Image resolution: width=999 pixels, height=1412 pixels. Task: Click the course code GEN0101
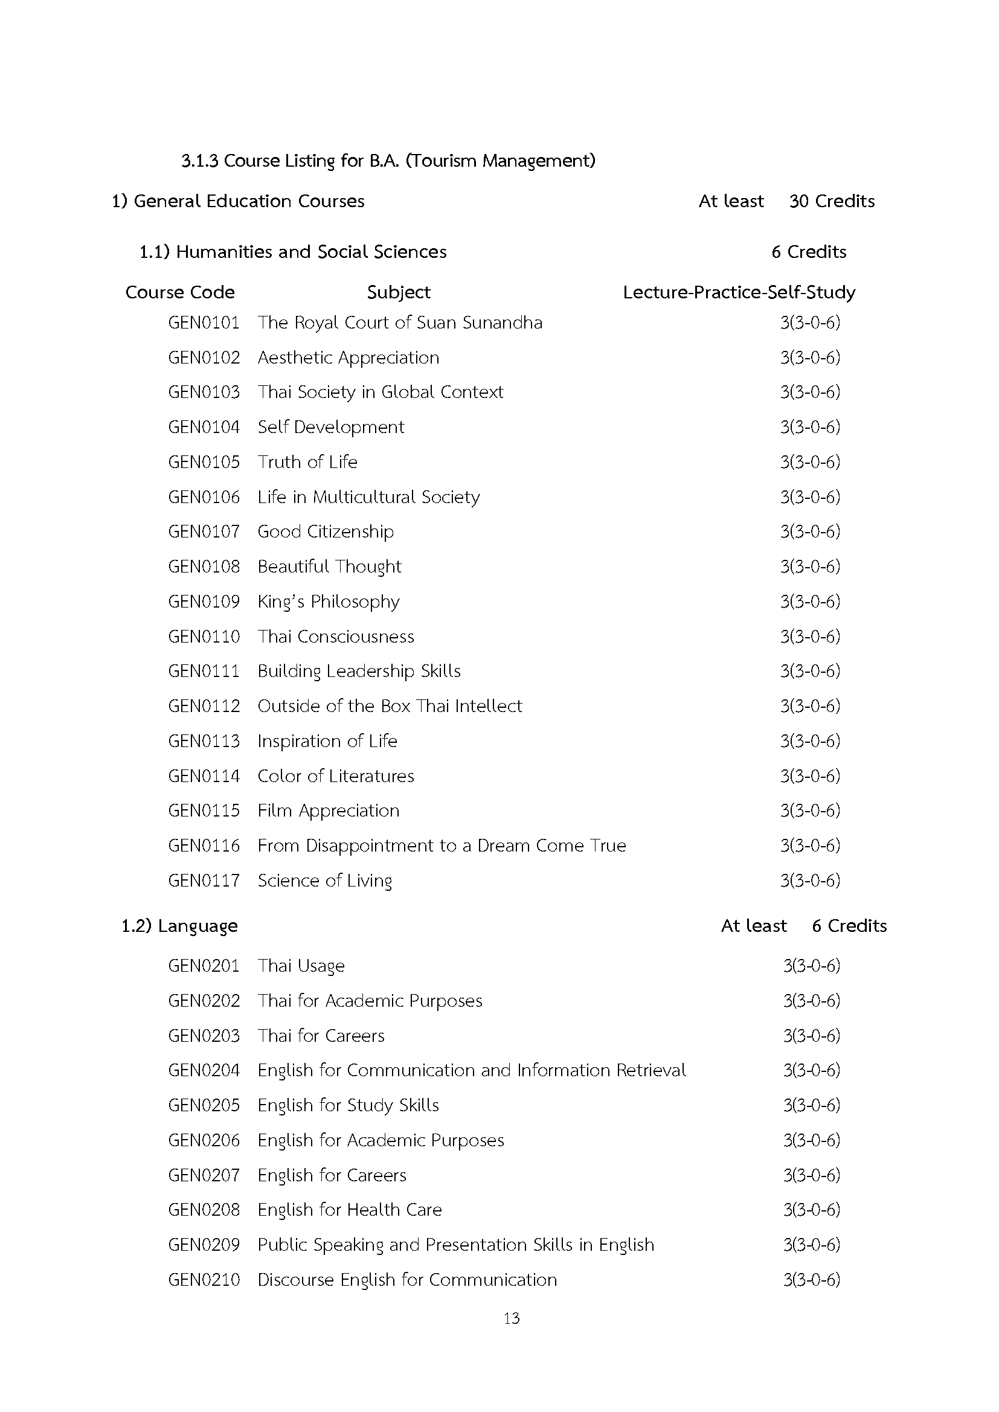(204, 323)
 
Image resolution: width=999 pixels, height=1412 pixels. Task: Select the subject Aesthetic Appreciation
(348, 358)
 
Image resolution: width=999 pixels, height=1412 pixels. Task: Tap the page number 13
(511, 1318)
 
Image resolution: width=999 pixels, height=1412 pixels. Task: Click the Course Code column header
(179, 292)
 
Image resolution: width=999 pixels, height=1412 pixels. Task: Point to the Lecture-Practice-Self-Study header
(739, 292)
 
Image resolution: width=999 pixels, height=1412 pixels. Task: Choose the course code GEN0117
(204, 881)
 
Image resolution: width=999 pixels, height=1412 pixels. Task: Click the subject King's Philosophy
(329, 602)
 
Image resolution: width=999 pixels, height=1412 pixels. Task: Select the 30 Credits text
(832, 201)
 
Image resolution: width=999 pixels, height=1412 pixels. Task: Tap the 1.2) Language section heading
(179, 926)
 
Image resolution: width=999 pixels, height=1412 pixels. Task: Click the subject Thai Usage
(301, 966)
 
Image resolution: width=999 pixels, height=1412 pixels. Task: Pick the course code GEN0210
(204, 1280)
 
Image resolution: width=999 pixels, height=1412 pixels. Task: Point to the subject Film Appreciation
(329, 810)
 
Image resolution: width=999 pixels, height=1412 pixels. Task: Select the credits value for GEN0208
(811, 1210)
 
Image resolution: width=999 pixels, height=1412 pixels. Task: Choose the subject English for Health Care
(349, 1210)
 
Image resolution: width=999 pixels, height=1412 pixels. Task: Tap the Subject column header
(399, 292)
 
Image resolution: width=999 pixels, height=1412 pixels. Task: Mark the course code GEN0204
(204, 1070)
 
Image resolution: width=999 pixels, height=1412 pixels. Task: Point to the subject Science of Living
(325, 881)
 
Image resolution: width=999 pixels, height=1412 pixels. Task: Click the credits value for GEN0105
(810, 462)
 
